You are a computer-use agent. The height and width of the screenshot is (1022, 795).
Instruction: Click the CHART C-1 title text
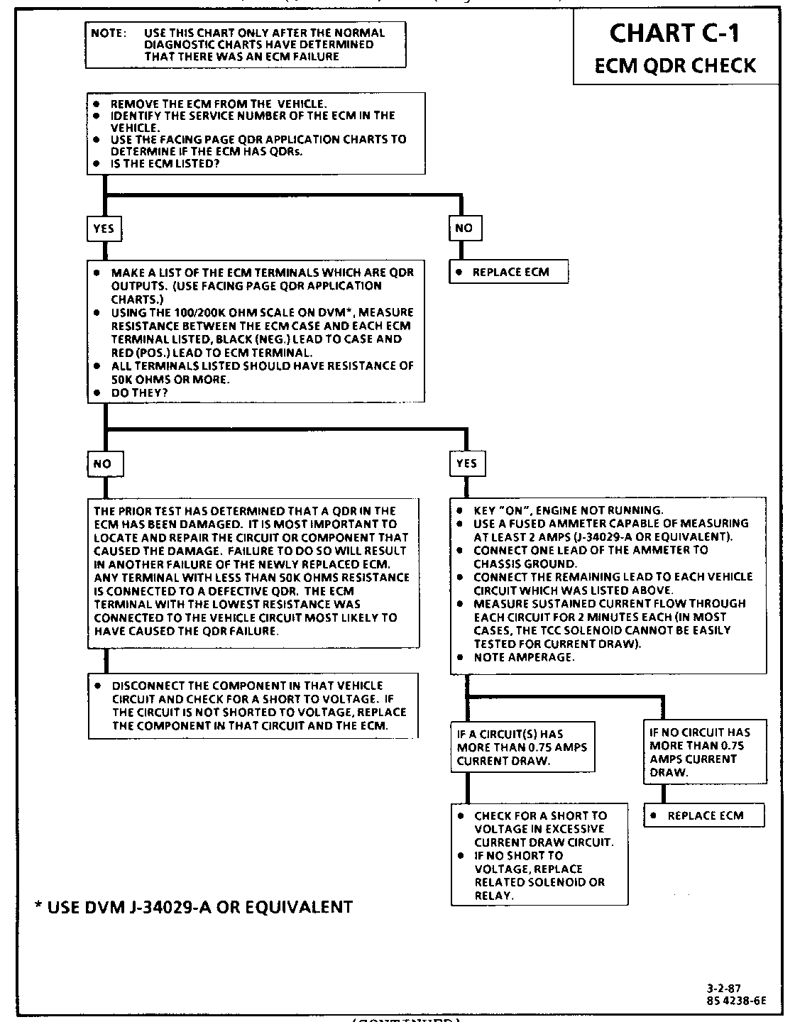tap(675, 33)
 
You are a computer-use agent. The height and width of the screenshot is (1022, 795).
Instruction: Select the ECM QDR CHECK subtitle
tap(674, 65)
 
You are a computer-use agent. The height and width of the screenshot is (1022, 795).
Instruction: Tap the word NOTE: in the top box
tap(109, 33)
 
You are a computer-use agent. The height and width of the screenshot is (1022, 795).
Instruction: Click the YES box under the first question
tap(103, 229)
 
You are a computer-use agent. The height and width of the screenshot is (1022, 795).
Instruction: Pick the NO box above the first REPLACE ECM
tap(464, 228)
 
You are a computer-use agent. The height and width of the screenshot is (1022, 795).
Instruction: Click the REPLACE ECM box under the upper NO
tap(509, 272)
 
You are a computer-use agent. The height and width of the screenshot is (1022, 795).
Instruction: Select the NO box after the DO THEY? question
tap(103, 463)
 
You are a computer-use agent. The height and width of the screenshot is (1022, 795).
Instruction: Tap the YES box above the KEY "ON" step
tap(466, 463)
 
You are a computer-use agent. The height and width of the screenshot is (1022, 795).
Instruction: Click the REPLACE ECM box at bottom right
tap(704, 815)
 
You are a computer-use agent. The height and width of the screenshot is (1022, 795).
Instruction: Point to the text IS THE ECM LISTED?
tap(165, 164)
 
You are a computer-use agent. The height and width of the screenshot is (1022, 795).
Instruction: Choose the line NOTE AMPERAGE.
tap(524, 657)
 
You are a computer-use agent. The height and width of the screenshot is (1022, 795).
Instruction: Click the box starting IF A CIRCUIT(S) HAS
tap(522, 747)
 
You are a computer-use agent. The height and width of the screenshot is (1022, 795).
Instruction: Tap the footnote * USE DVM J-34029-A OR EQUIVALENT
tap(194, 906)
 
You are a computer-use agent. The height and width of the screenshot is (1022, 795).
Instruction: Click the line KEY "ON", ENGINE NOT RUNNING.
tap(568, 510)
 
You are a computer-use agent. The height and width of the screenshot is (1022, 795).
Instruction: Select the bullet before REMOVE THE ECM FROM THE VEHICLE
tap(96, 104)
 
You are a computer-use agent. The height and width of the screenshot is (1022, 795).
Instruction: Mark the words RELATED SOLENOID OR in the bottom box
tap(539, 882)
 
